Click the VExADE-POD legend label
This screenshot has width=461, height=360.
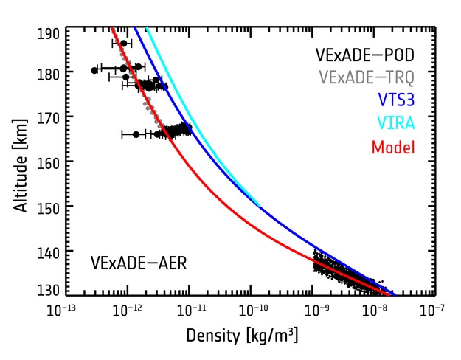364,55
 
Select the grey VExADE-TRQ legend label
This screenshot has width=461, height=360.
364,77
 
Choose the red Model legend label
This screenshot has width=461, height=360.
392,147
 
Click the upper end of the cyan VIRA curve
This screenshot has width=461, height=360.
148,29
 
